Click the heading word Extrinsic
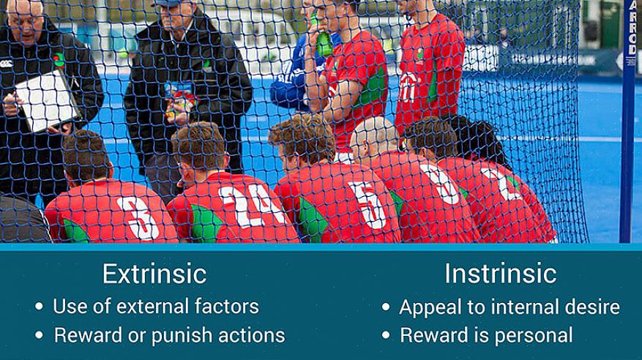[154, 274]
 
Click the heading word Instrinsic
[500, 273]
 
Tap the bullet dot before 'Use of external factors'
[40, 307]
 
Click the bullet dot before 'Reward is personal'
[386, 335]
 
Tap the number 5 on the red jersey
[368, 205]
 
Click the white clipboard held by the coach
[47, 101]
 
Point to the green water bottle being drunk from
[324, 41]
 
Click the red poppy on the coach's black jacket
[59, 60]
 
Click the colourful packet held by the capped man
[180, 100]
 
